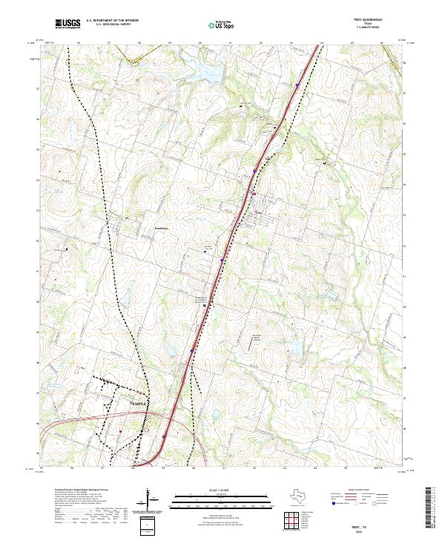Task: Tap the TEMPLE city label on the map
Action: coord(139,403)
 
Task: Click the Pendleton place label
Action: coord(162,228)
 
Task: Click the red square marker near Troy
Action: coord(253,194)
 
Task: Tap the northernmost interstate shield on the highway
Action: coord(297,85)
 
